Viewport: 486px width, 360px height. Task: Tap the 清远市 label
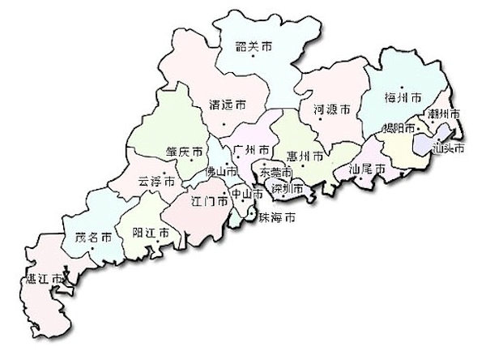[x=228, y=105]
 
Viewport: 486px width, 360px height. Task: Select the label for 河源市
[x=331, y=108]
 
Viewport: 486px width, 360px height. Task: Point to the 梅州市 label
[x=403, y=97]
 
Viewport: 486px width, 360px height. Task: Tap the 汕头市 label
[x=448, y=148]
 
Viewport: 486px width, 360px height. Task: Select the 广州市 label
[x=249, y=149]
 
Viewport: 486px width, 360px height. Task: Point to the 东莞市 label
[x=276, y=173]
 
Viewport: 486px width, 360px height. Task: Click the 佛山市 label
[x=220, y=172]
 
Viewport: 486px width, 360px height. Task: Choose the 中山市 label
[x=246, y=195]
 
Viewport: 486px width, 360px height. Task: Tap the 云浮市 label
[x=156, y=182]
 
